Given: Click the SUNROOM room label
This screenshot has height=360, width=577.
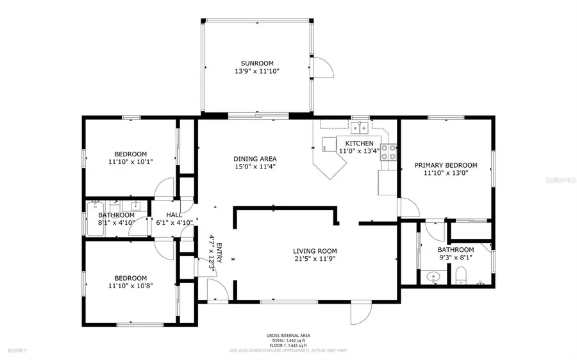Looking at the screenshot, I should pyautogui.click(x=257, y=63).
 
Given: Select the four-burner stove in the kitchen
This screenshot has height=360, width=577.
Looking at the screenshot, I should pyautogui.click(x=388, y=151).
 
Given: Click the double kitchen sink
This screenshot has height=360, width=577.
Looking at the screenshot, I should pyautogui.click(x=362, y=126).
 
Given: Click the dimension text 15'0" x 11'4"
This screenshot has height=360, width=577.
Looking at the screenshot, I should pyautogui.click(x=255, y=168).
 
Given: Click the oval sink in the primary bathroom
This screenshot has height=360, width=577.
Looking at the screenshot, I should pyautogui.click(x=433, y=277).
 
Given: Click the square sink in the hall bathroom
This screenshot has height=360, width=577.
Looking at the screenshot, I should pyautogui.click(x=136, y=206).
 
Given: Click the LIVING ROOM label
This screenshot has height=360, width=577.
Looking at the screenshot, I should pyautogui.click(x=315, y=251).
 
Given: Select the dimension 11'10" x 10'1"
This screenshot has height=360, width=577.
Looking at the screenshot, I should pyautogui.click(x=130, y=162).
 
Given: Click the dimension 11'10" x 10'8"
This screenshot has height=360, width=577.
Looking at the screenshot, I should pyautogui.click(x=130, y=286).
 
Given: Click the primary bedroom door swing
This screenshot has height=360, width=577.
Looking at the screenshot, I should pyautogui.click(x=406, y=207).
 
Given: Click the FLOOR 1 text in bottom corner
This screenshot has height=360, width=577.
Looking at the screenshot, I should pyautogui.click(x=16, y=350).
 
